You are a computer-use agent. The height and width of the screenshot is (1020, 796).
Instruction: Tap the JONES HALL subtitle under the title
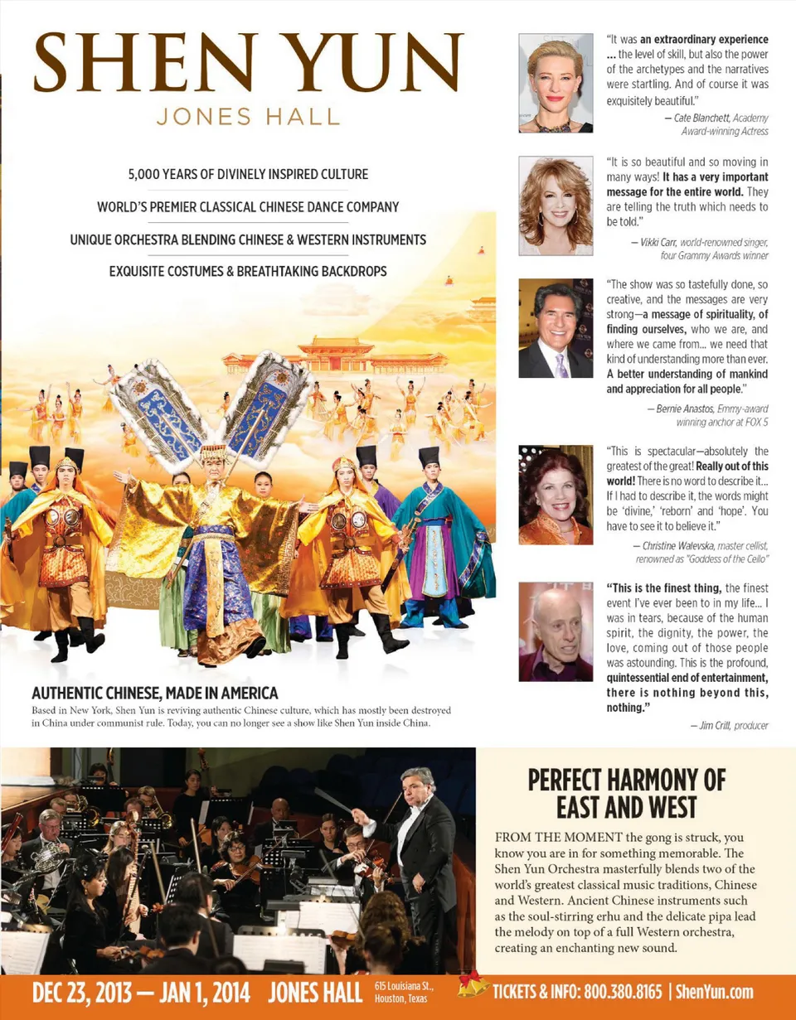coord(248,115)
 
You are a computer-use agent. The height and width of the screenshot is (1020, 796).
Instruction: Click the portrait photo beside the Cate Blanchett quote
coord(556,83)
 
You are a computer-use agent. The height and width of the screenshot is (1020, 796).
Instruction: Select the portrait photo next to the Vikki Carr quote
coord(556,205)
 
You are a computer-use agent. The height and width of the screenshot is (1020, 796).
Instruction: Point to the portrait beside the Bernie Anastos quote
coord(556,328)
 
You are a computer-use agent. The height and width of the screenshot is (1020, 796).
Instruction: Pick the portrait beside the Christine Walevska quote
coord(556,495)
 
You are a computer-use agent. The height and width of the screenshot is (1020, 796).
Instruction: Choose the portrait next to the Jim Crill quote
coord(556,631)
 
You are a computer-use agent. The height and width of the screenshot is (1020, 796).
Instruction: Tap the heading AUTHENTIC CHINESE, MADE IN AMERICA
coord(154,693)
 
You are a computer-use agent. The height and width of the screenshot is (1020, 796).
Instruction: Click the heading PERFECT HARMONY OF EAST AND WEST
coord(626,792)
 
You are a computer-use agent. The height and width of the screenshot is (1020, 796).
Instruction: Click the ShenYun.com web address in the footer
coord(714,992)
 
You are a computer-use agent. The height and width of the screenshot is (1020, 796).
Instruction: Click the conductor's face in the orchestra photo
coord(418,783)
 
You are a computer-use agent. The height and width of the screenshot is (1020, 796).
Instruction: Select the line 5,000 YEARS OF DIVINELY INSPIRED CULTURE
coord(248,175)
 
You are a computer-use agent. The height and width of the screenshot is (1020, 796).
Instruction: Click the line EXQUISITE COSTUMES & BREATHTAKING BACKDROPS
coord(248,271)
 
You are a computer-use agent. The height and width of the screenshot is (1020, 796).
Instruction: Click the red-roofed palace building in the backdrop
coord(336,355)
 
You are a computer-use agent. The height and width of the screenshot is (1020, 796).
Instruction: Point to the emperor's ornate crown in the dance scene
coord(214,453)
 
